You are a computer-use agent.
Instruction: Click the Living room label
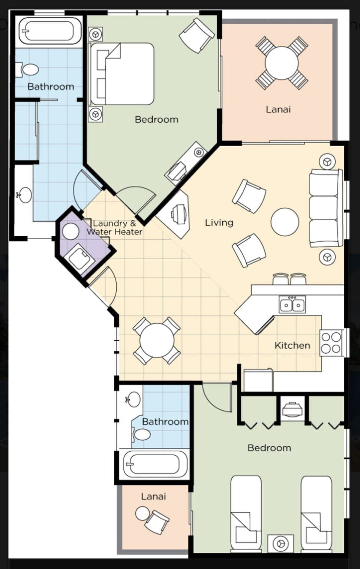tap(219, 223)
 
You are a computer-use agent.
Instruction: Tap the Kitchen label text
tap(292, 345)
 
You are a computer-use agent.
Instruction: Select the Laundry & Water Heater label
tap(114, 228)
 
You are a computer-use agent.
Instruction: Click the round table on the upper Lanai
tap(282, 63)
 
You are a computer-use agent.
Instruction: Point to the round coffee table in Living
tap(285, 222)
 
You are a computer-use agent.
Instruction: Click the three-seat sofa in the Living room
tap(325, 208)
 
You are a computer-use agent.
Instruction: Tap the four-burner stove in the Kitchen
tap(331, 343)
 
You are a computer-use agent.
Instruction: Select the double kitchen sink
tap(292, 305)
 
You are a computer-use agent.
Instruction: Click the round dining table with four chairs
tap(157, 341)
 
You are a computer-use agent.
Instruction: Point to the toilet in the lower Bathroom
tap(141, 435)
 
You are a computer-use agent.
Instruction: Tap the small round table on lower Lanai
tap(142, 513)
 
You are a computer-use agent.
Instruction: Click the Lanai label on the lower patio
tap(153, 497)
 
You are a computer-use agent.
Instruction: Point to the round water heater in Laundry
tap(70, 231)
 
